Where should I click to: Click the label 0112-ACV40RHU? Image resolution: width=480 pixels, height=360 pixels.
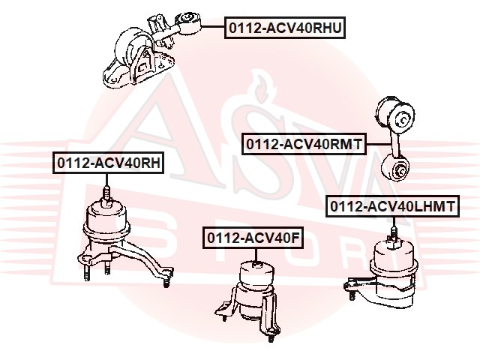click(x=285, y=28)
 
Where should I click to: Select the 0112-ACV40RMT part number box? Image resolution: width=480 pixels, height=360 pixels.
click(x=304, y=143)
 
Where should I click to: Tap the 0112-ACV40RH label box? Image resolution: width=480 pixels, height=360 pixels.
click(x=108, y=163)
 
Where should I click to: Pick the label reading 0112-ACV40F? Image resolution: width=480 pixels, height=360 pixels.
click(x=253, y=238)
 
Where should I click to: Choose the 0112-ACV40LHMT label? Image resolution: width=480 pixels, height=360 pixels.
click(x=392, y=206)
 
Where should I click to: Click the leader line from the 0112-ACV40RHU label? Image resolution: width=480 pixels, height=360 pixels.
click(x=212, y=27)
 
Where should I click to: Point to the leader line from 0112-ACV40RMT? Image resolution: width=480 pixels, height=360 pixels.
click(x=379, y=144)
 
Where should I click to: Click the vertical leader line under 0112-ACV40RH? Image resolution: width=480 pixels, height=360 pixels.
click(x=106, y=180)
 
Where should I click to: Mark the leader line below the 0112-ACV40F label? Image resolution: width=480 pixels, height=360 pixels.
click(x=256, y=255)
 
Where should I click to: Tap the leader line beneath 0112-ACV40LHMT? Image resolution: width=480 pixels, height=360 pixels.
click(x=394, y=223)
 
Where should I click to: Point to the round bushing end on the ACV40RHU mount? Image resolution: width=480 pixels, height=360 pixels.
click(x=187, y=22)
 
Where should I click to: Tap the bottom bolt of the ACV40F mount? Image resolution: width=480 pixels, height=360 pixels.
click(x=271, y=336)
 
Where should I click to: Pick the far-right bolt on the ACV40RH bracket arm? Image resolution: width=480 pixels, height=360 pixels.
click(x=166, y=280)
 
